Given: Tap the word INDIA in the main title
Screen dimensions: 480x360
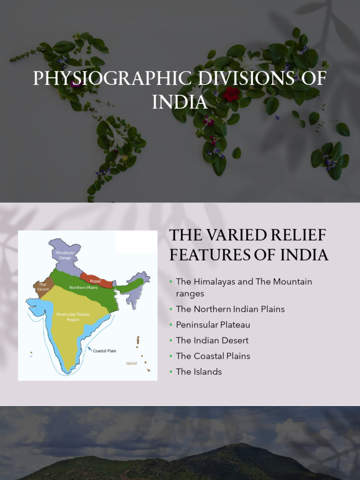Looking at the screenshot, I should click(180, 102).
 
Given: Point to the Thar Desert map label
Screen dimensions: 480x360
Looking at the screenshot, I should click(43, 287).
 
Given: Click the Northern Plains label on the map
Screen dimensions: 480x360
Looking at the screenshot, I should click(83, 287).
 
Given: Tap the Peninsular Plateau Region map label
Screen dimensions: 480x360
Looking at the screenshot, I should click(73, 316).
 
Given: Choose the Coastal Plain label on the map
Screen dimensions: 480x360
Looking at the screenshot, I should click(105, 351).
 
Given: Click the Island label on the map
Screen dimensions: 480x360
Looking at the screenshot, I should click(131, 363).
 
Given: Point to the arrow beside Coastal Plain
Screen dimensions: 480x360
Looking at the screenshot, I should click(90, 348).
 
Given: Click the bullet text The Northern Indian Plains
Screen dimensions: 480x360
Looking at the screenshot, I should click(230, 309).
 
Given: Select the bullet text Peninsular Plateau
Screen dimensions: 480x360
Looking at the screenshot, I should click(213, 325).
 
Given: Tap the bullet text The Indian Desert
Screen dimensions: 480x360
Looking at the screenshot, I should click(212, 340).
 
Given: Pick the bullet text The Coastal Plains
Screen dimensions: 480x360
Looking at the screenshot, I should click(213, 356).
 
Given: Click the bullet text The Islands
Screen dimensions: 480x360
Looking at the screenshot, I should click(199, 372).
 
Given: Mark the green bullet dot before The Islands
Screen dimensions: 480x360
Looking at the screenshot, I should click(171, 372).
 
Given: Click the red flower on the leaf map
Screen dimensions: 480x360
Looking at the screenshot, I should click(231, 94).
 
